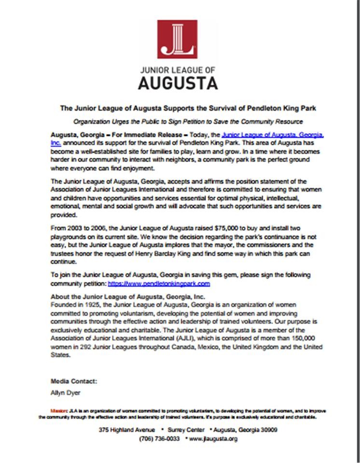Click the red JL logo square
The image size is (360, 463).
(x=177, y=39)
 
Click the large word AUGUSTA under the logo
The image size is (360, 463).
(x=178, y=82)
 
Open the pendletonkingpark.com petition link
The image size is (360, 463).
(x=159, y=284)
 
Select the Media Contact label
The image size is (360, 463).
(x=74, y=381)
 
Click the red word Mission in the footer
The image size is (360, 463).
(x=59, y=410)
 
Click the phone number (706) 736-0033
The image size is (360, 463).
(x=159, y=439)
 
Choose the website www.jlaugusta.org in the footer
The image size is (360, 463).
(x=214, y=439)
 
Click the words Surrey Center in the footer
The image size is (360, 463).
(x=184, y=430)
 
